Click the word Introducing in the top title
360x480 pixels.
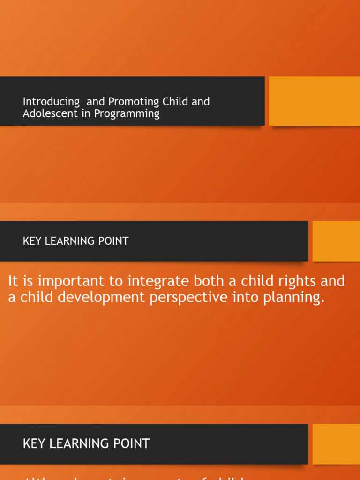[51, 102]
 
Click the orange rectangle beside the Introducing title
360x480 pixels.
[314, 101]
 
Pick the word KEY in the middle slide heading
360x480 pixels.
[31, 241]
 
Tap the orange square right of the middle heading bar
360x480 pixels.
[336, 241]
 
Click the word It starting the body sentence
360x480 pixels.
[13, 281]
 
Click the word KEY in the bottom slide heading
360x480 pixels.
[33, 443]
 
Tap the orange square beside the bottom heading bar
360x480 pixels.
[336, 444]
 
